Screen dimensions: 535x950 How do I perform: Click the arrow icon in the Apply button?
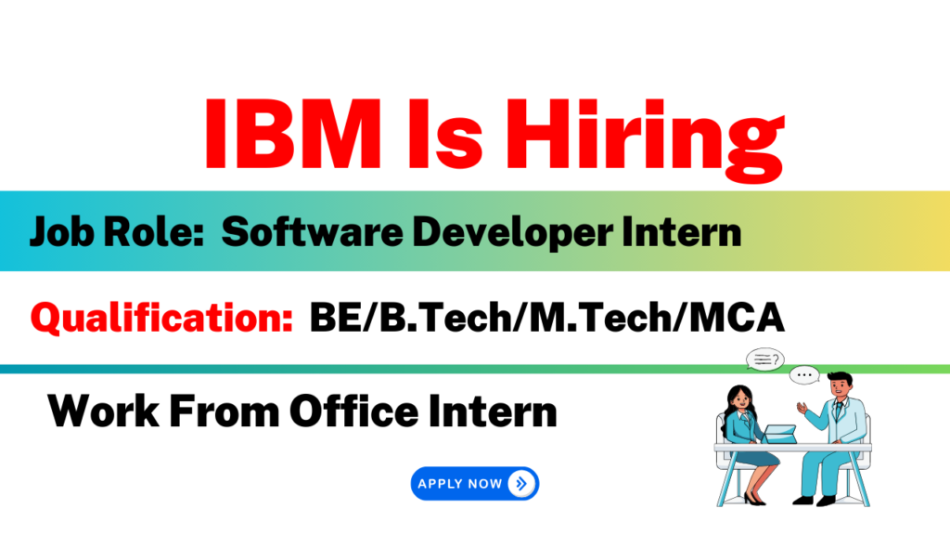[521, 483]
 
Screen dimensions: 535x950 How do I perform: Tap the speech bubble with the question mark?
[764, 359]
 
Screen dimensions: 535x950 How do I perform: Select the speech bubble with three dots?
[804, 375]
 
